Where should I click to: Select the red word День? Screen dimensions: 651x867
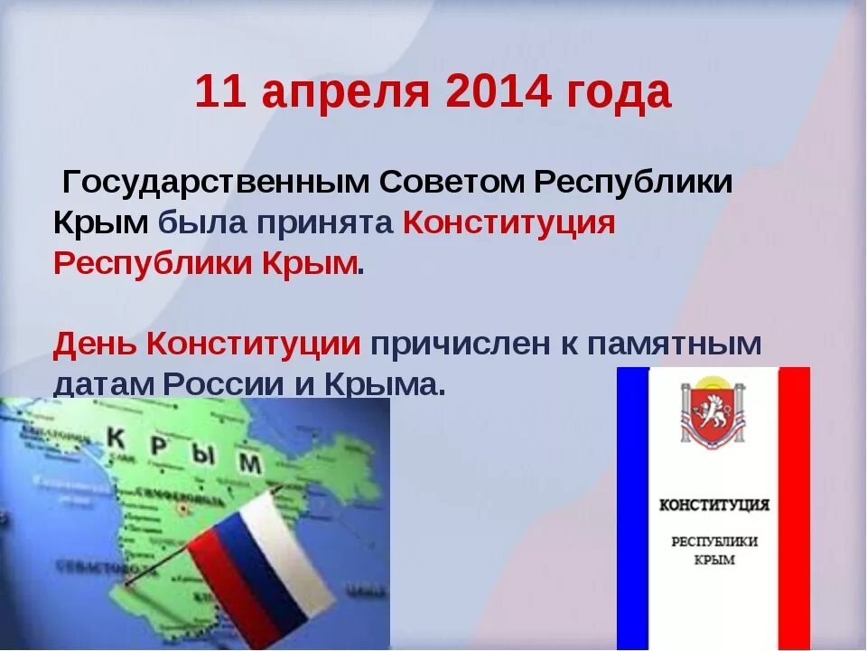coord(95,344)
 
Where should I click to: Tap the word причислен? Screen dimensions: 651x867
coord(457,344)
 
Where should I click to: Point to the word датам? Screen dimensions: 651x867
coord(103,384)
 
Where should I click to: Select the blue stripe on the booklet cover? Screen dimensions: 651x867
coord(633,506)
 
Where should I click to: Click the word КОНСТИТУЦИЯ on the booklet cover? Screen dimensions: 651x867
coord(713,504)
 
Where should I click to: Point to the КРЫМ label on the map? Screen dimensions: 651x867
coord(184,449)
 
